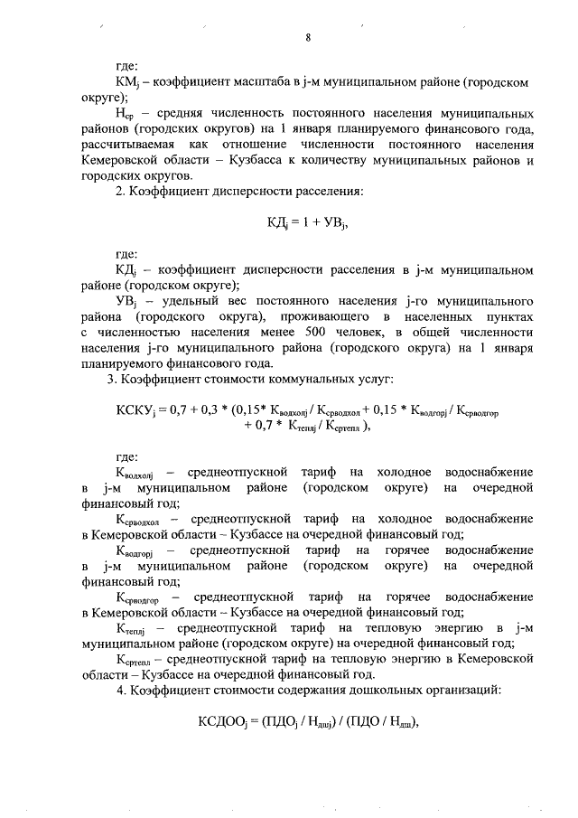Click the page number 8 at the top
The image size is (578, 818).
point(308,37)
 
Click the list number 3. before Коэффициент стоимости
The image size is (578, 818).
point(112,377)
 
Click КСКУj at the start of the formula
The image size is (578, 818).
point(136,411)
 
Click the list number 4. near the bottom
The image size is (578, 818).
point(112,690)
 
